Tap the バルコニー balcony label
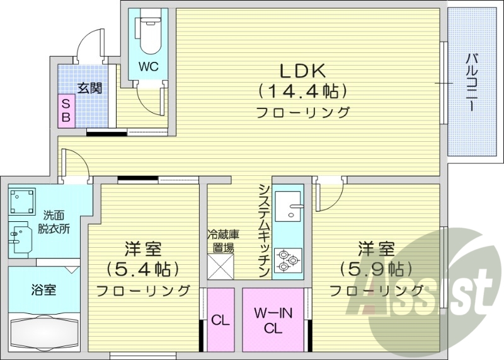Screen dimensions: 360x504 click(471, 83)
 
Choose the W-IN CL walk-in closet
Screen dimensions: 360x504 click(272, 320)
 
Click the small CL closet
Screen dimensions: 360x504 click(220, 320)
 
